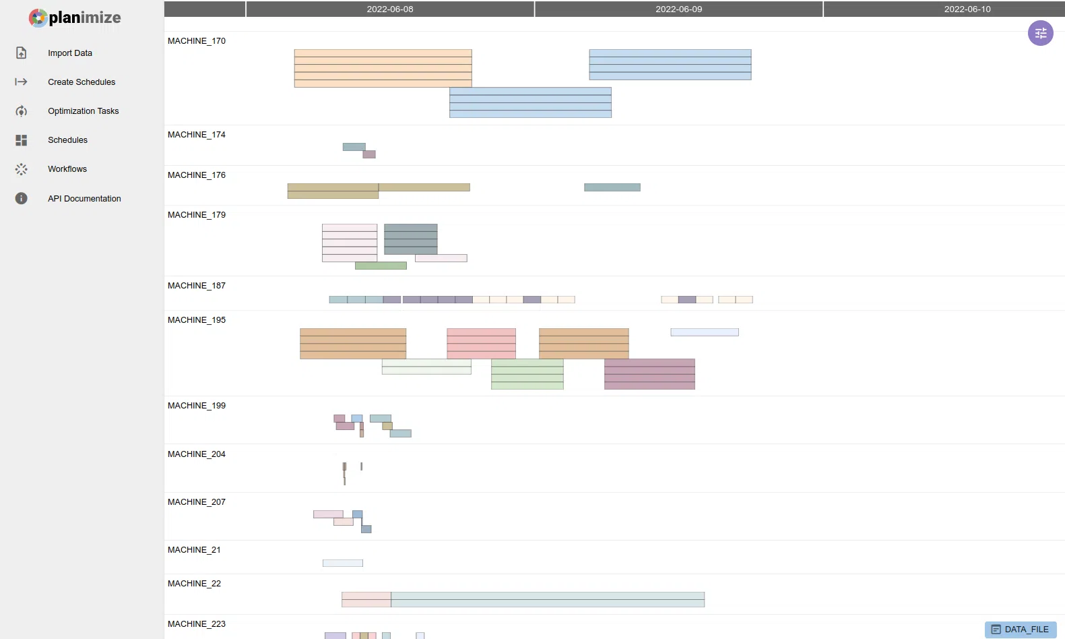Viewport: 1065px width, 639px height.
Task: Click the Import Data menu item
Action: point(70,53)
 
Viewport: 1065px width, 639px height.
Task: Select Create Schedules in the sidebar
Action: point(82,82)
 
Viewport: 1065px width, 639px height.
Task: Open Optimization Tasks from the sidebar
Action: point(84,111)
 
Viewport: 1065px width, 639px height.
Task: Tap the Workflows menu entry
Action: point(67,169)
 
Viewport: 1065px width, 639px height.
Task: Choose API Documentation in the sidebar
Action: point(84,198)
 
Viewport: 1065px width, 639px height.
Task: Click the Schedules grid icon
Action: point(21,140)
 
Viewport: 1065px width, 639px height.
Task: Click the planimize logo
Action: point(75,18)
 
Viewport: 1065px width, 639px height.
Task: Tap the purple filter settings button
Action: point(1040,33)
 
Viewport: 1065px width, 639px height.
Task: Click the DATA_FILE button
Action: point(1021,629)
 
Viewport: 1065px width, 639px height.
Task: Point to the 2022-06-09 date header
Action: point(678,9)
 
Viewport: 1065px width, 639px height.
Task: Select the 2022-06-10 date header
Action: point(967,9)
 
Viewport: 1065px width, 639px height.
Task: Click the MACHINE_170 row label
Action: point(196,41)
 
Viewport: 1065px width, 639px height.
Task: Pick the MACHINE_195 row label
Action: point(196,319)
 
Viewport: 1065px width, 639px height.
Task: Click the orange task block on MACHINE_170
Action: point(383,68)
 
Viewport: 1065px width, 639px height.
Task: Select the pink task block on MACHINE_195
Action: point(481,344)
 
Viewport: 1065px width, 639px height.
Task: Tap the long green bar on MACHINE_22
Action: point(548,599)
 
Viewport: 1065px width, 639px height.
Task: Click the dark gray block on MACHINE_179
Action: point(411,239)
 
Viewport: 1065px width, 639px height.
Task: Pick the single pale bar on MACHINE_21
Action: point(343,564)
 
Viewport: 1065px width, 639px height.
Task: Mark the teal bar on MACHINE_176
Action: point(612,187)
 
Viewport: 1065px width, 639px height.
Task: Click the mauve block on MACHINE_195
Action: point(649,374)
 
